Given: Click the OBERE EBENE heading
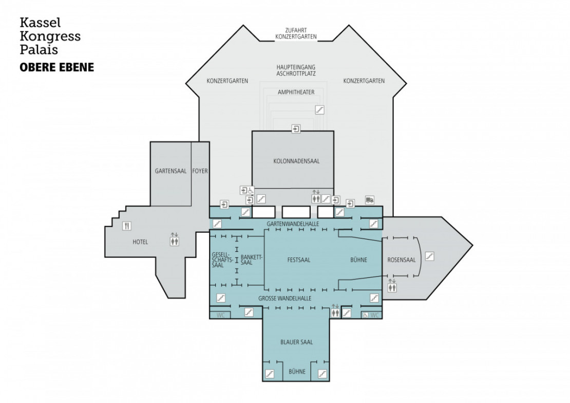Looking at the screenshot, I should [x=56, y=67].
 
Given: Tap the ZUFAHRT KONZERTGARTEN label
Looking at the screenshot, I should [x=296, y=33].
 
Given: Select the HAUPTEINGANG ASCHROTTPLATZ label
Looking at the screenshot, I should [x=296, y=70].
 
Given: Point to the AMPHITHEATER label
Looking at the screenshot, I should [x=296, y=93].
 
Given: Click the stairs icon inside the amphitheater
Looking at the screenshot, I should [x=320, y=109].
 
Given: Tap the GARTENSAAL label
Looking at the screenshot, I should [x=170, y=171].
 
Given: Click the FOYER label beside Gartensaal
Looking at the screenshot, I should [x=200, y=171].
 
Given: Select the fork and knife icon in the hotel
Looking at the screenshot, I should [x=126, y=226].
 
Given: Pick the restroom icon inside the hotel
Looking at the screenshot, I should [x=175, y=239].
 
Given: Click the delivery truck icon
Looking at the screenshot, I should [x=369, y=200].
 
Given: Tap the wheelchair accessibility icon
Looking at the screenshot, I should [x=251, y=190].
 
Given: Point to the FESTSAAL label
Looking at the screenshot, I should [x=299, y=260].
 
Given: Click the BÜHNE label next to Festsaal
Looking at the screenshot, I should [x=359, y=260].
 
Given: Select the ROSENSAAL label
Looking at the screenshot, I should [x=402, y=260].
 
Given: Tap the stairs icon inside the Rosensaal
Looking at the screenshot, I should [x=430, y=255].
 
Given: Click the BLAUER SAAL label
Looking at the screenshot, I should [x=296, y=342].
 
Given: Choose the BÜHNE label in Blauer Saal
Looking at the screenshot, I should [x=297, y=372].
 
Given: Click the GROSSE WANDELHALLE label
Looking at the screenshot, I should [x=285, y=298].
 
